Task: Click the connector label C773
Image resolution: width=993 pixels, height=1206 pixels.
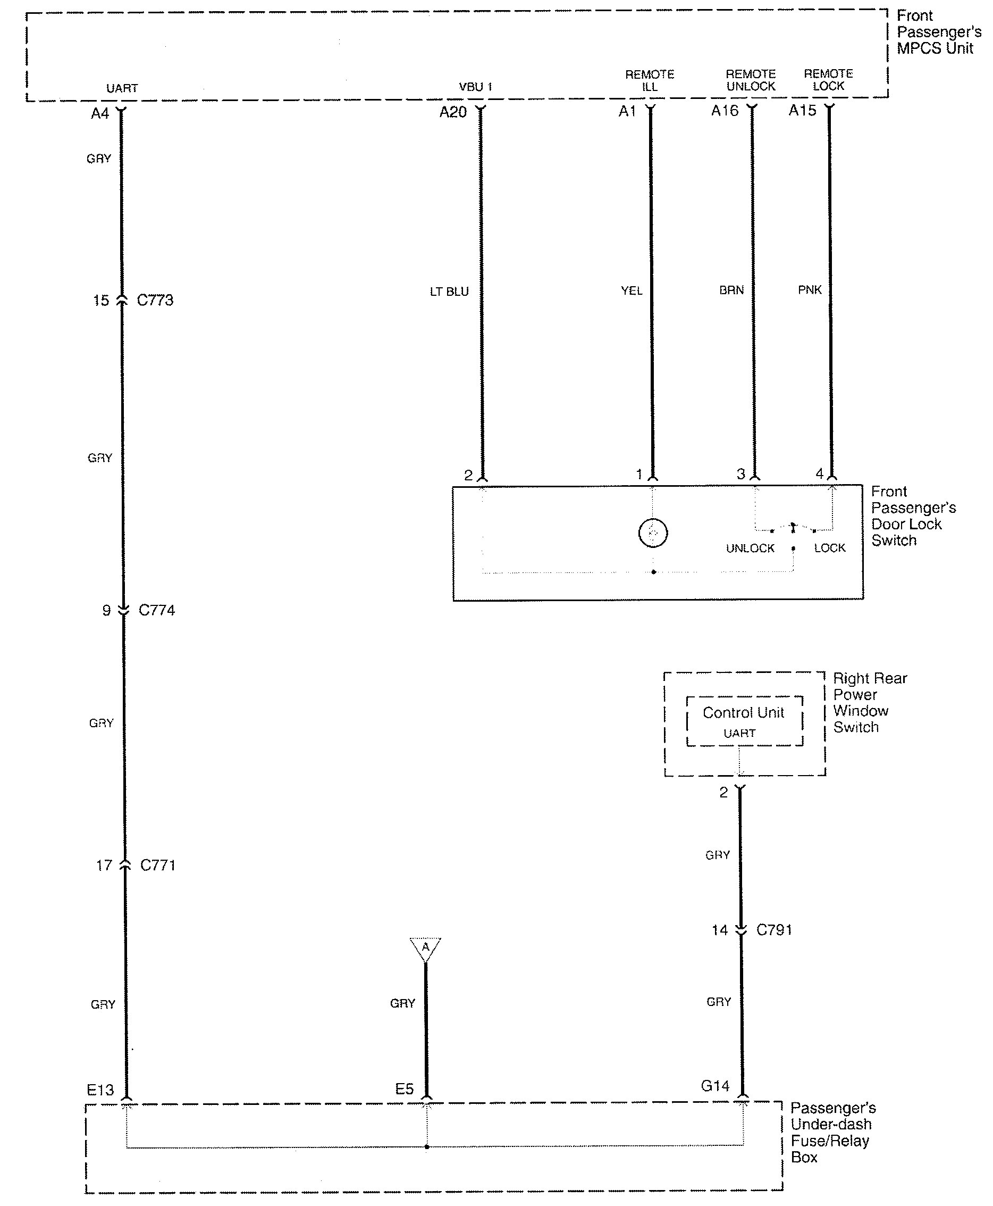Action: point(155,301)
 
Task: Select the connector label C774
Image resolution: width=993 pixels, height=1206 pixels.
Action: point(157,610)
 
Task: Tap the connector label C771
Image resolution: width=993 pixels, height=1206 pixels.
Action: point(157,865)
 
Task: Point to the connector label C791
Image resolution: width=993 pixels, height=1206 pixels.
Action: point(774,930)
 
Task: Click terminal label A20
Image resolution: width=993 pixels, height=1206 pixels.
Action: point(453,112)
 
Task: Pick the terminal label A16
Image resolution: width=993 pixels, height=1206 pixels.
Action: point(725,111)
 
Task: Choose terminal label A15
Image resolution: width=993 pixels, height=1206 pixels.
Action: point(802,111)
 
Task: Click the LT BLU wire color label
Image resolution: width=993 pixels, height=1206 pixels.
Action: point(449,292)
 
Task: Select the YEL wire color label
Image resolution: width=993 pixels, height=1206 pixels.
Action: point(632,291)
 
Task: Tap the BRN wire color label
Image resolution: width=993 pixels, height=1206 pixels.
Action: point(731,290)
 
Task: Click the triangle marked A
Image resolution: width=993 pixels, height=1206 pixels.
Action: point(425,949)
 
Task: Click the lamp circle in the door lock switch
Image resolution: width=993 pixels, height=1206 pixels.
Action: point(653,533)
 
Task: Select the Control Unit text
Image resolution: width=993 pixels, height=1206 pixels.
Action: point(743,713)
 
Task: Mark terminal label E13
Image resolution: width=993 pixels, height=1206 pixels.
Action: point(100,1090)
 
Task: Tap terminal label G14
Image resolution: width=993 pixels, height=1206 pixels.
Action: point(715,1086)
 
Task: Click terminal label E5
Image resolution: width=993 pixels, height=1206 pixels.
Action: point(404,1088)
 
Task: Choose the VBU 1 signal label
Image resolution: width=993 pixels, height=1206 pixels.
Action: point(475,87)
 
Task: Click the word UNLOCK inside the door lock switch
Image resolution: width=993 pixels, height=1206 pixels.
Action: point(750,548)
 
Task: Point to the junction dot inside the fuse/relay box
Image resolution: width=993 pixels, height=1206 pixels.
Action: point(427,1146)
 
